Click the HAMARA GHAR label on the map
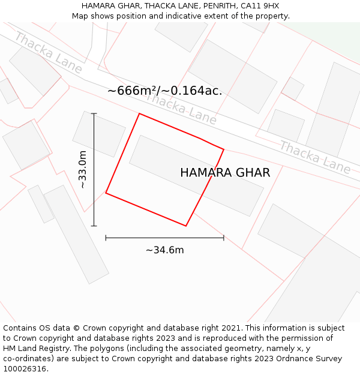(x=225, y=173)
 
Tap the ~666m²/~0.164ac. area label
(x=164, y=91)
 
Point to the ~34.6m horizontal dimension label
(x=164, y=250)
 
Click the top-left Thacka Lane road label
(x=47, y=53)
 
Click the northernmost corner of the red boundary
(x=139, y=113)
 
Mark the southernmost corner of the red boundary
(x=186, y=226)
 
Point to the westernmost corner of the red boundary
(x=106, y=193)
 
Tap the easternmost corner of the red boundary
(x=224, y=149)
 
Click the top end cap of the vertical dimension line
(x=94, y=113)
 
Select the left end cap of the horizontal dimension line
(x=106, y=238)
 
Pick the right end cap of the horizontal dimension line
(x=224, y=238)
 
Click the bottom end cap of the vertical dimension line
(x=94, y=226)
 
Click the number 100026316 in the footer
(x=24, y=368)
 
